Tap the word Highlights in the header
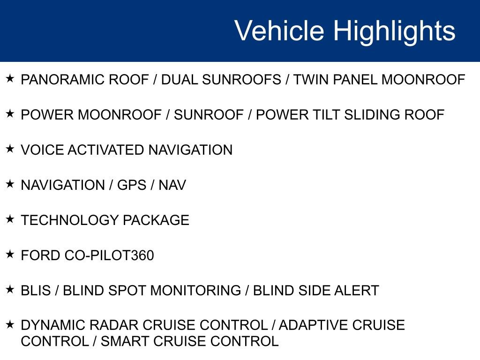click(394, 31)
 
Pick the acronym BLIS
click(36, 291)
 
